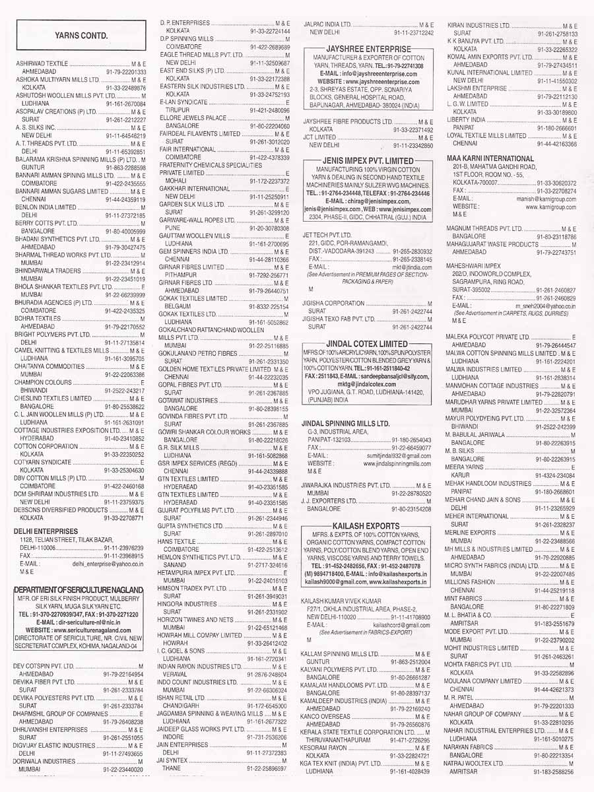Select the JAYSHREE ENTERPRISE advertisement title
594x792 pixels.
(368, 49)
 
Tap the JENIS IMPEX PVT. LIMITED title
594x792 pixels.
(368, 160)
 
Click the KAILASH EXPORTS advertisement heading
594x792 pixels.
(368, 524)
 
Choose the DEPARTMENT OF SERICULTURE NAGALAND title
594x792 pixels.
(79, 589)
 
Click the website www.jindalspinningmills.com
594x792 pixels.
(392, 464)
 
